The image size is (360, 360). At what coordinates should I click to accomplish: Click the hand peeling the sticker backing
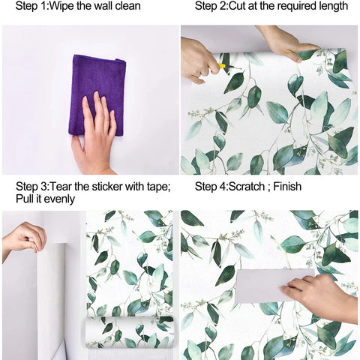[x=24, y=239]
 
